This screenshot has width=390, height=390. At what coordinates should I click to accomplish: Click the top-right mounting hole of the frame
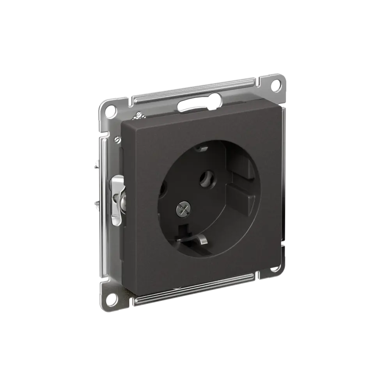click(x=278, y=95)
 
